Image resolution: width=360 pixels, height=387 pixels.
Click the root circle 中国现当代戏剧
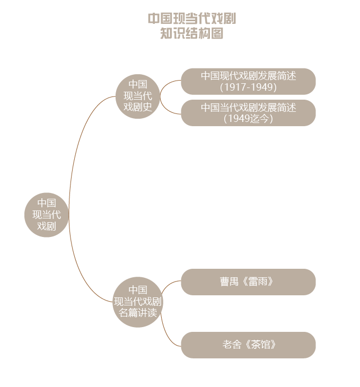(47, 215)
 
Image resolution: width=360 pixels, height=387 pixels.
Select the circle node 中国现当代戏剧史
(138, 96)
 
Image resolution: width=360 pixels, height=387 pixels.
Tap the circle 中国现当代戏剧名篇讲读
(138, 302)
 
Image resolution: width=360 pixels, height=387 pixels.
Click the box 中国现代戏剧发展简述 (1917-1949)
(248, 82)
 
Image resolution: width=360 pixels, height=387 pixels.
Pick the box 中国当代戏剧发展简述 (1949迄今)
(248, 113)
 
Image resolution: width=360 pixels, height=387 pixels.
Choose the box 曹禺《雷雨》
(248, 282)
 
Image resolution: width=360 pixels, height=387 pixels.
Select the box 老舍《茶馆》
(248, 345)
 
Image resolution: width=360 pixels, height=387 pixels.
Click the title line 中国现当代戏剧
(192, 19)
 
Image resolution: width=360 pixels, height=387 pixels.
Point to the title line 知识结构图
(192, 33)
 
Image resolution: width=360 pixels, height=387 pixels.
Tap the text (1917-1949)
(248, 87)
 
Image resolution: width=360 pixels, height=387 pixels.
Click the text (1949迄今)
(248, 118)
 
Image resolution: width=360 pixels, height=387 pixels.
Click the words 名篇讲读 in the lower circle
(138, 313)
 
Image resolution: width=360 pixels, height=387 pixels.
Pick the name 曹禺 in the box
(229, 282)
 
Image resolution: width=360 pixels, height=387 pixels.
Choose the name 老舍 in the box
(232, 345)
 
